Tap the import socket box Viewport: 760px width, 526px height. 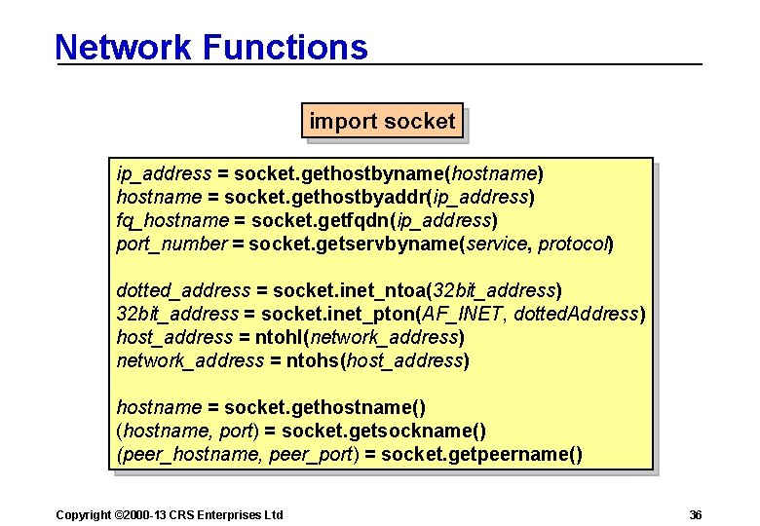pos(382,122)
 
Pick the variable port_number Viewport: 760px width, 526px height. pos(171,244)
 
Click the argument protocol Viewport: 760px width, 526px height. pos(574,244)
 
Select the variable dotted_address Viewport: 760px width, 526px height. pos(182,291)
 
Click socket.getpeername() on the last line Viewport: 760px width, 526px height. pos(481,455)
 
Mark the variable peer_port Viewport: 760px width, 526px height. pos(315,455)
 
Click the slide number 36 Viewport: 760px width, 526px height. pos(695,514)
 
